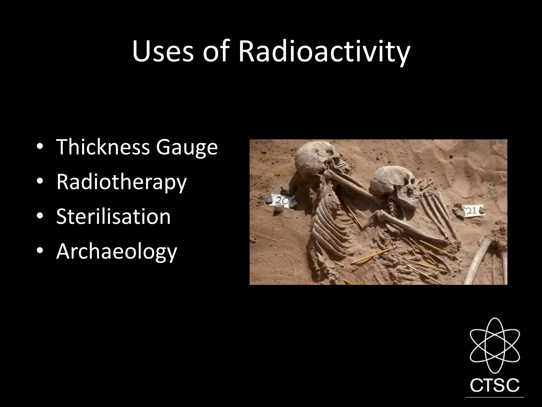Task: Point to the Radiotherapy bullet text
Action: (121, 182)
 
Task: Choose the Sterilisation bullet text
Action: (113, 216)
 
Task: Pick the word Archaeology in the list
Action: (116, 252)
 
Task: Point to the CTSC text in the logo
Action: (494, 385)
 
